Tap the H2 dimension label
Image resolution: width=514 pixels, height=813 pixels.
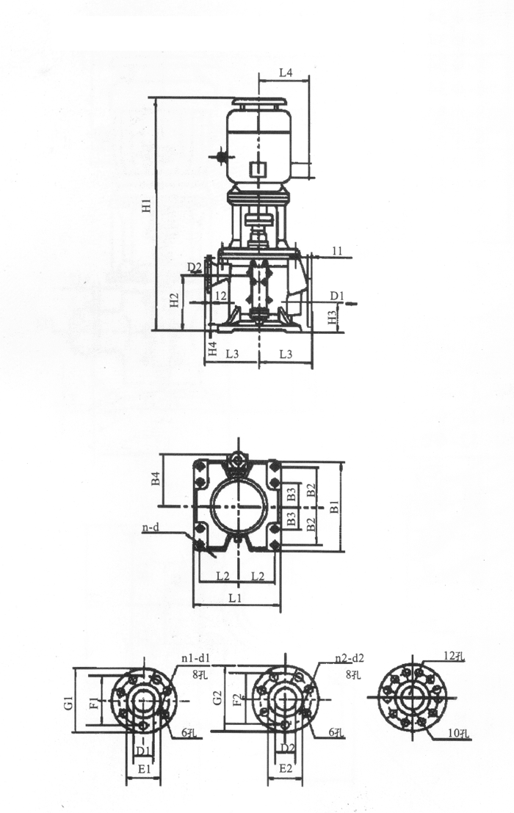[173, 300]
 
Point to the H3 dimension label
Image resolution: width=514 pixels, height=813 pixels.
[332, 318]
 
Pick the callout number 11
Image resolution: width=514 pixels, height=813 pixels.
[337, 252]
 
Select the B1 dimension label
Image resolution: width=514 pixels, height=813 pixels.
[334, 506]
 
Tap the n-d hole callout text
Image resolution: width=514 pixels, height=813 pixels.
[151, 528]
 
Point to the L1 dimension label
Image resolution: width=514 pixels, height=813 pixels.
[236, 599]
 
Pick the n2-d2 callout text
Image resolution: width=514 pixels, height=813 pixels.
[349, 658]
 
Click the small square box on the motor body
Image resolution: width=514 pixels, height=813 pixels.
[257, 169]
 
